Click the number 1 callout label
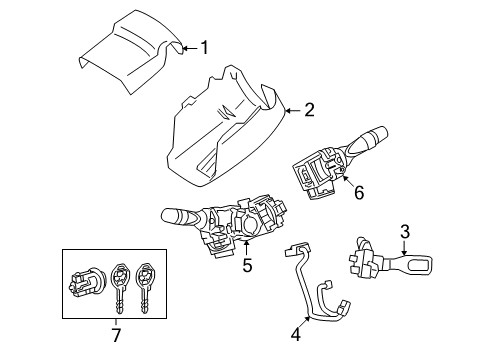204,46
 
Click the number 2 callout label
309,110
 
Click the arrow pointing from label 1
188,46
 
